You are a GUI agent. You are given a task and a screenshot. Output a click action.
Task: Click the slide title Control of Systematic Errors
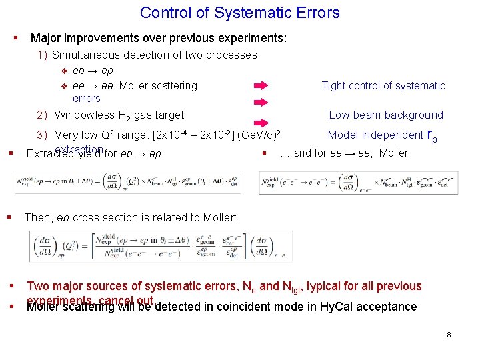[240, 13]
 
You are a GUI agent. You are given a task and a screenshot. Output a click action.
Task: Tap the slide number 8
[449, 334]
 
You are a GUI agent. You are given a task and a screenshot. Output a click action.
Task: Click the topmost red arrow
[261, 86]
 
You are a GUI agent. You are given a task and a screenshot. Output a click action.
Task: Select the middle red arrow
[261, 102]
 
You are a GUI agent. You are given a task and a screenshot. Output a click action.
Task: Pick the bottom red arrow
[261, 118]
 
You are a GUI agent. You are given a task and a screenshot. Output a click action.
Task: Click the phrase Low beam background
[386, 115]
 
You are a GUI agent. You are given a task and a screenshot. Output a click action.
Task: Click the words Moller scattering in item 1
[158, 86]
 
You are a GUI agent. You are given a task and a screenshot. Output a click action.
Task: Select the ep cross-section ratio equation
[161, 246]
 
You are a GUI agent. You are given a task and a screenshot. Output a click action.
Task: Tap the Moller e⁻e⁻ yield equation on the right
[358, 183]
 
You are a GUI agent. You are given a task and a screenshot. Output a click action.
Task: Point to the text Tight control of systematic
[383, 86]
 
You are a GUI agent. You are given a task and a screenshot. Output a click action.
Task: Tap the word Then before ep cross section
[37, 217]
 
